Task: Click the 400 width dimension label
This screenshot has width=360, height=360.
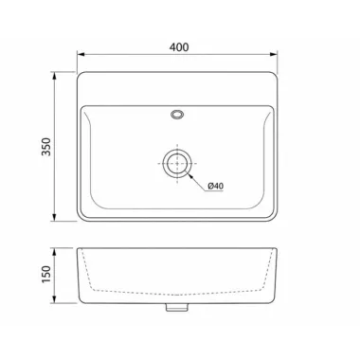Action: pyautogui.click(x=179, y=47)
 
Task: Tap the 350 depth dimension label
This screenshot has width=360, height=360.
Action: pyautogui.click(x=46, y=147)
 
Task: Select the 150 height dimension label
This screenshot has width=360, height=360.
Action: pyautogui.click(x=46, y=275)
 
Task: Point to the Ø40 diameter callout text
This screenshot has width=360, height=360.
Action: pyautogui.click(x=216, y=186)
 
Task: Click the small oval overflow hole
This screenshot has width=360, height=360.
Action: pyautogui.click(x=177, y=114)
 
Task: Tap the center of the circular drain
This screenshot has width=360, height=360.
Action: pyautogui.click(x=177, y=163)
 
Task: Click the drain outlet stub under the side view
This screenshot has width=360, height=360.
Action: pyautogui.click(x=177, y=307)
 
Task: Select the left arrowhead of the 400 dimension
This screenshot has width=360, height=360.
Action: pyautogui.click(x=81, y=54)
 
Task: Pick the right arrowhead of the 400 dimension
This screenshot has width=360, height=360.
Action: pyautogui.click(x=273, y=54)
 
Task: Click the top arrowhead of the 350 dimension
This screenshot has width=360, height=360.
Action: pyautogui.click(x=54, y=76)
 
